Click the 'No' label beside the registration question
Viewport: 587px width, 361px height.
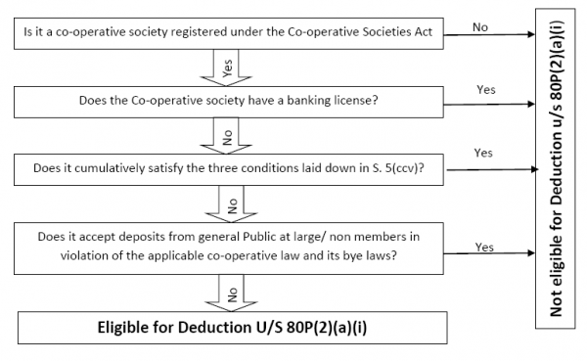click(479, 26)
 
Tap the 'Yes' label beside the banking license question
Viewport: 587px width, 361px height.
click(485, 89)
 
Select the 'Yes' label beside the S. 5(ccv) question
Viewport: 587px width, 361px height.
click(482, 154)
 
